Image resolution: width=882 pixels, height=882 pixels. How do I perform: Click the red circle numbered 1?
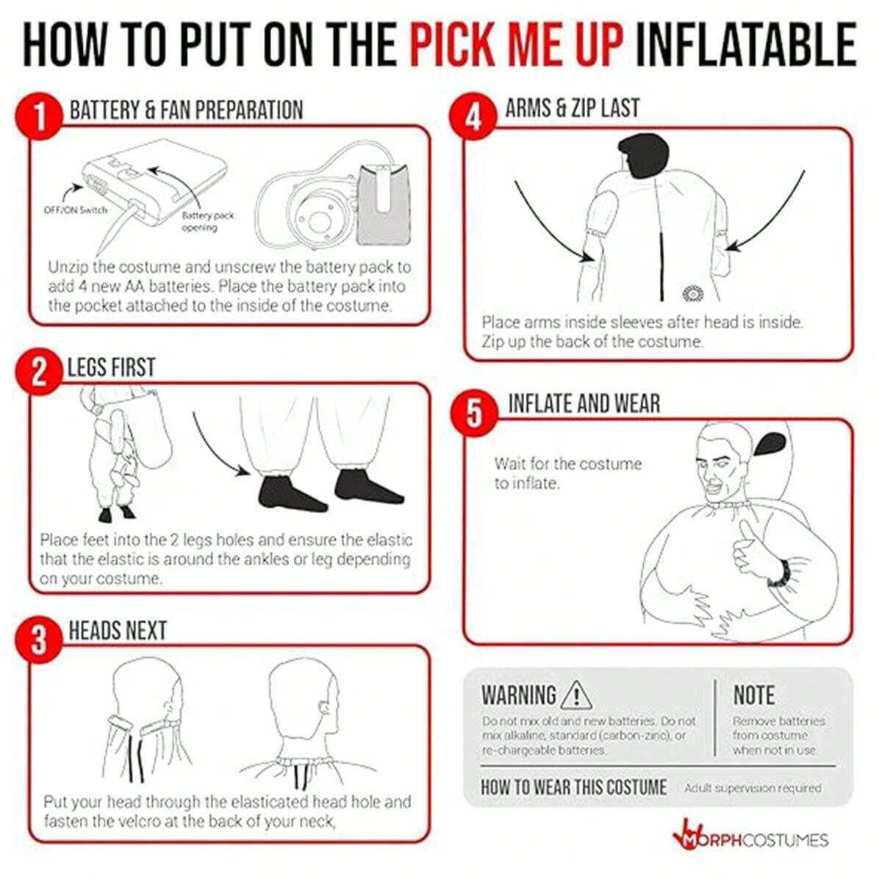[x=40, y=118]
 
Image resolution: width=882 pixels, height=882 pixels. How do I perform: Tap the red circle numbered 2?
[x=39, y=373]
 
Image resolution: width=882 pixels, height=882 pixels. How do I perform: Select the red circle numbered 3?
[x=39, y=641]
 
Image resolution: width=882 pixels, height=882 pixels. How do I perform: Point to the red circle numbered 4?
[x=474, y=118]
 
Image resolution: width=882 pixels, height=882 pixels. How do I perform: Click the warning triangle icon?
[x=576, y=695]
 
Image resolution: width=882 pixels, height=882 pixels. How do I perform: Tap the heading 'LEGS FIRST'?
[x=111, y=367]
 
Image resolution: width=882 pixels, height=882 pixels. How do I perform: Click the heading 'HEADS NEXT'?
[x=118, y=630]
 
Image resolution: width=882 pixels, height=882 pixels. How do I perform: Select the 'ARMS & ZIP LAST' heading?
[x=572, y=108]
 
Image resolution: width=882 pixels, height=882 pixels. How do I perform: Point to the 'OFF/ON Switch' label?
[x=76, y=210]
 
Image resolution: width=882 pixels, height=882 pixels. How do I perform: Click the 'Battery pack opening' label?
[x=207, y=220]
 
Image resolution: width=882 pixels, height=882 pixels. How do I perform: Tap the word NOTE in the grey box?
[x=754, y=695]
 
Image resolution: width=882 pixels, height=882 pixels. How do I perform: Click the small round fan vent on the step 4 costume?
[x=692, y=293]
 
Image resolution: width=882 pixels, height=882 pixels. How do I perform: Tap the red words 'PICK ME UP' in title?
[x=517, y=46]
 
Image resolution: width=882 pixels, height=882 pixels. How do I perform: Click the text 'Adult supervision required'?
[x=753, y=788]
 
